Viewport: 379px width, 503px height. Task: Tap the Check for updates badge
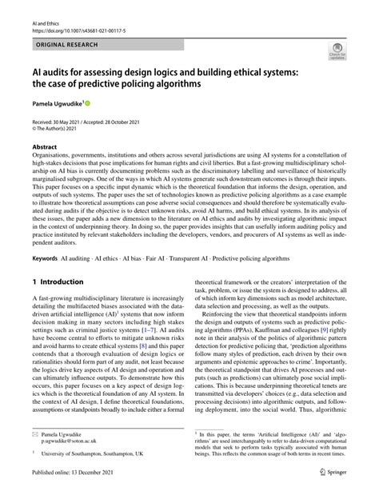point(336,54)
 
